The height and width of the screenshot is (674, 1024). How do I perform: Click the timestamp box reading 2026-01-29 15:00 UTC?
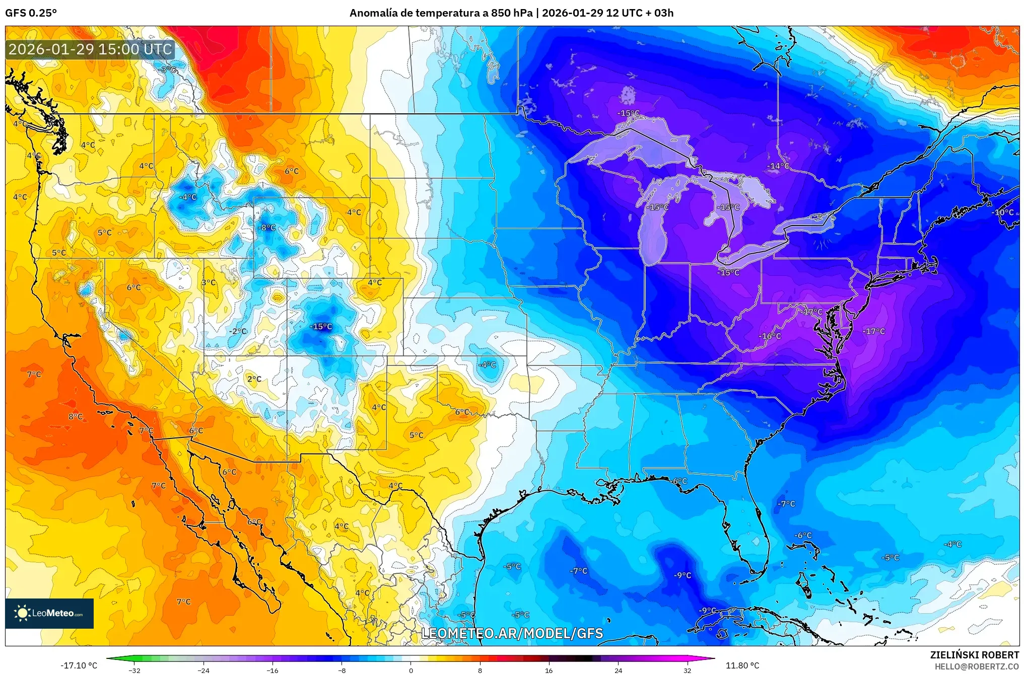click(91, 49)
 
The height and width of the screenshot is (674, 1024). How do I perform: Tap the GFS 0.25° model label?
click(31, 13)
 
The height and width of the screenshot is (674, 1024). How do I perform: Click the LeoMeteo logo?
click(49, 613)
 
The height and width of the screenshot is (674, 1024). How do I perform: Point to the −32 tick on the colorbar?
click(134, 670)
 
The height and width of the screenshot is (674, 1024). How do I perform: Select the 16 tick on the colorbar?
click(549, 670)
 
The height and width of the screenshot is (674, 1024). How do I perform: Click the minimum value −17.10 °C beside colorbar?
click(79, 665)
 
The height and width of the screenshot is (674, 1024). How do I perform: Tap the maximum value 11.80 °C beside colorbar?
click(742, 665)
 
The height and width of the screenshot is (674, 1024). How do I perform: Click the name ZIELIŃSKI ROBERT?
click(974, 655)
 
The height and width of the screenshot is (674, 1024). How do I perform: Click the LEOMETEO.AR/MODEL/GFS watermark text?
click(512, 633)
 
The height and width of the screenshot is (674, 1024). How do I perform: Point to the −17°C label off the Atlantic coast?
click(873, 331)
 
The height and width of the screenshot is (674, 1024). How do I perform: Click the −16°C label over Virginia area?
click(770, 336)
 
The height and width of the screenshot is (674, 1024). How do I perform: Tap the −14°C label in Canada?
click(778, 166)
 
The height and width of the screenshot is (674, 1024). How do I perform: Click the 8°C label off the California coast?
click(76, 416)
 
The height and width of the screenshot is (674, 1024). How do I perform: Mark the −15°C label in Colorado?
click(321, 326)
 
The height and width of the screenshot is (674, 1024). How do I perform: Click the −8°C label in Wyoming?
click(267, 228)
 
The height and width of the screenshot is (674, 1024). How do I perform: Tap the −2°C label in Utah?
click(238, 331)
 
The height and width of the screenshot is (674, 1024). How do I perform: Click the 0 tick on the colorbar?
click(411, 670)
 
